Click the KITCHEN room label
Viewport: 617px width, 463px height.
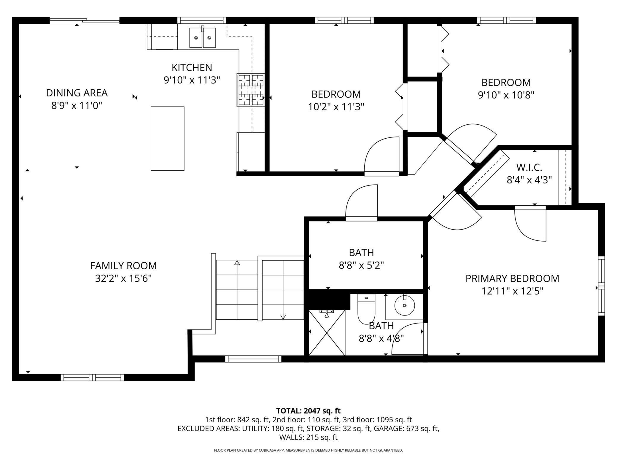click(192, 68)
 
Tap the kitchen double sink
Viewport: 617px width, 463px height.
click(203, 37)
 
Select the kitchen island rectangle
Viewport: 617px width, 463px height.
click(168, 139)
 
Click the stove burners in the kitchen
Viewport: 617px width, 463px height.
click(251, 90)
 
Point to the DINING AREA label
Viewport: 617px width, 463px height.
click(77, 93)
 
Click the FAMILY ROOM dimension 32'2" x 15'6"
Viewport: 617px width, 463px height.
click(123, 279)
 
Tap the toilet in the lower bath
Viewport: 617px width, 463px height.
click(366, 309)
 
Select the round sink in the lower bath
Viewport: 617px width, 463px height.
click(405, 305)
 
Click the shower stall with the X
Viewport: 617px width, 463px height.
click(327, 333)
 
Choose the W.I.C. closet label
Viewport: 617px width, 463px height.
click(529, 167)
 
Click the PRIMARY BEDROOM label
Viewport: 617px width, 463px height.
click(512, 278)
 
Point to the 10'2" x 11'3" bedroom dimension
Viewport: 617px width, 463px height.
click(336, 107)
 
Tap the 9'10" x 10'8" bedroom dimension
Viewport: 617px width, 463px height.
click(506, 95)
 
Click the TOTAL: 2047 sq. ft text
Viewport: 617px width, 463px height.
click(308, 411)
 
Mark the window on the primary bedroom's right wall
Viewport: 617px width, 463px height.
click(601, 286)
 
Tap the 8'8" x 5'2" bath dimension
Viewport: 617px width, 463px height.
click(361, 265)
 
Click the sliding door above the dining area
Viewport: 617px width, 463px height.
click(85, 20)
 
